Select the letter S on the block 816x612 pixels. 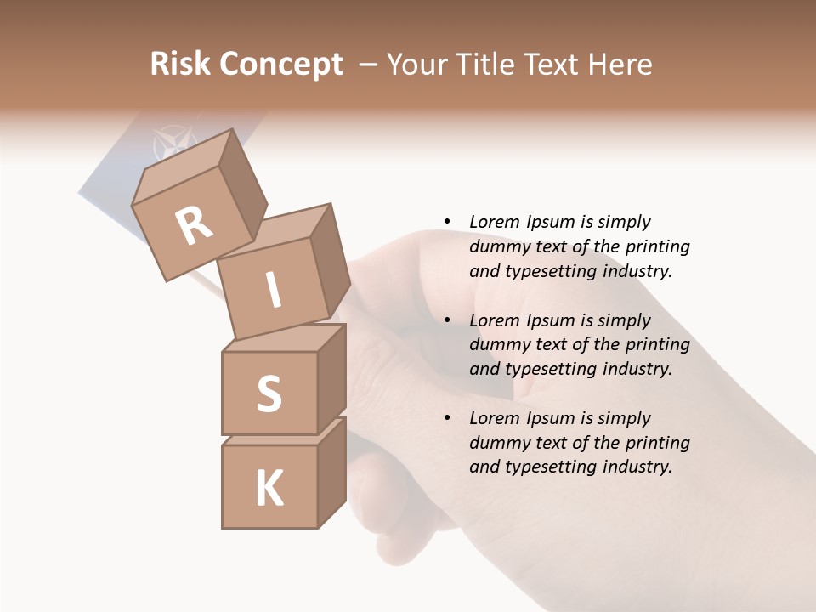point(269,394)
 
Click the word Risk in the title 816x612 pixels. point(181,64)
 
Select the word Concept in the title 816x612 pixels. point(281,64)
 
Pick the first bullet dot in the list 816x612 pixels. point(447,222)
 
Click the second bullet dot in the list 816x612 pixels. point(447,320)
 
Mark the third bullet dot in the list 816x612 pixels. point(447,418)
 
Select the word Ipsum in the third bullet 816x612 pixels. point(552,418)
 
